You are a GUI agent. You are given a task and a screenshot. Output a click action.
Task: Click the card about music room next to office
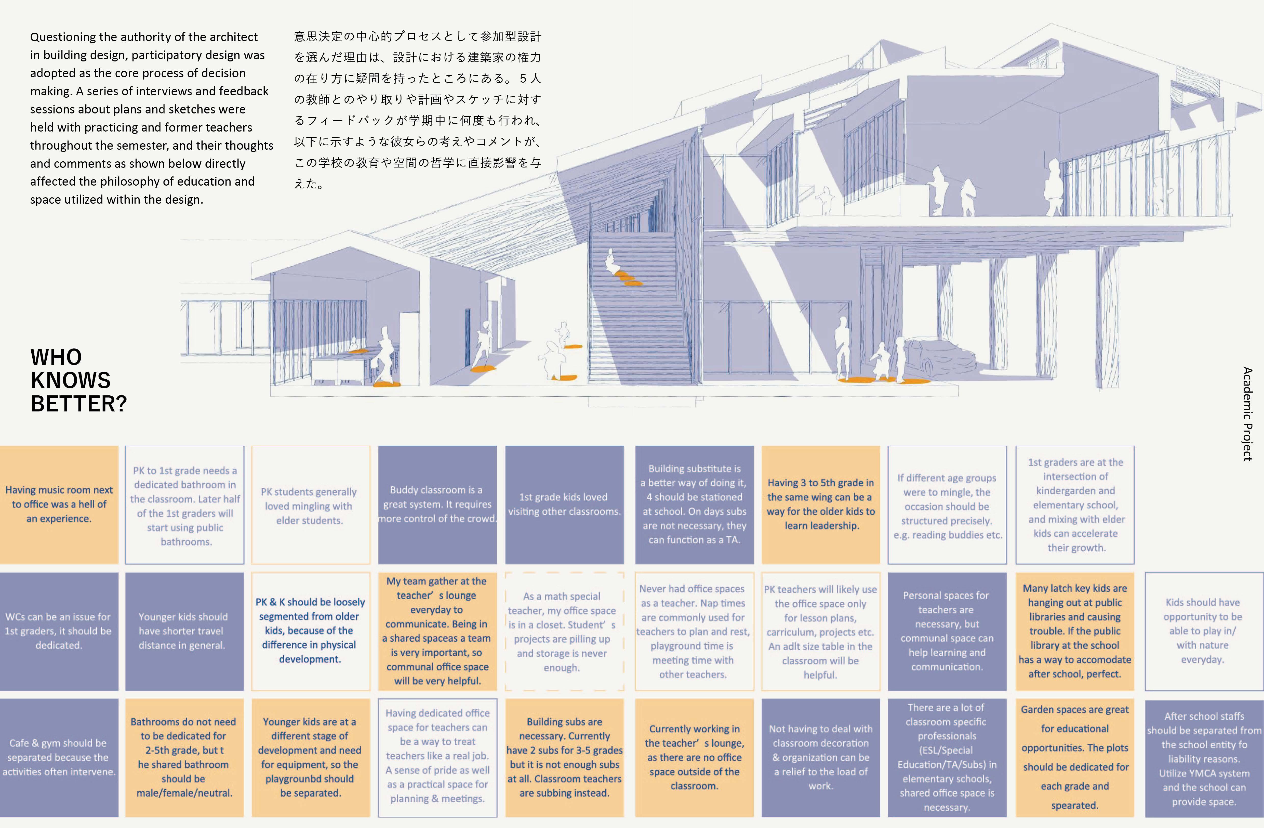pos(59,504)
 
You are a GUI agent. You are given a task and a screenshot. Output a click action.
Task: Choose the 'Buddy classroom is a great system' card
pos(437,504)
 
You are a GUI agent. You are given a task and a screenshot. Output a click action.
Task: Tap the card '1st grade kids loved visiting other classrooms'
pos(564,504)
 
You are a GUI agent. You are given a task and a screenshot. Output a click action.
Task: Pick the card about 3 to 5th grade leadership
pos(820,504)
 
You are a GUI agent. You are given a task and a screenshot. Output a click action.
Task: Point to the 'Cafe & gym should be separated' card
pos(59,757)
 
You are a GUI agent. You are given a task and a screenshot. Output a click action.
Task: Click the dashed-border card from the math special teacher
pos(564,631)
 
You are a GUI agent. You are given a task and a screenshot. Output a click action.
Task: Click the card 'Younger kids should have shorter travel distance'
pos(184,631)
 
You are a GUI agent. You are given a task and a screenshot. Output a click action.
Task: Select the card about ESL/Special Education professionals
pos(947,757)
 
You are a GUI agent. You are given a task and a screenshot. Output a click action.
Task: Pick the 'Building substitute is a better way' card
pos(694,504)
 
